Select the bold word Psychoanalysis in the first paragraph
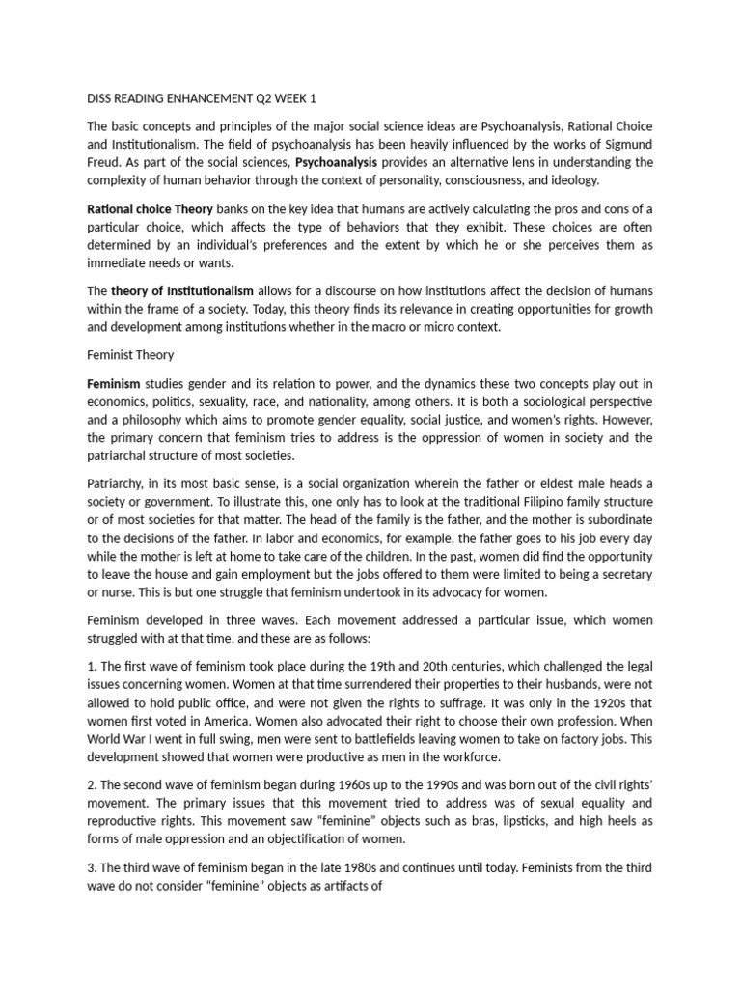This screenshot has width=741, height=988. [x=336, y=161]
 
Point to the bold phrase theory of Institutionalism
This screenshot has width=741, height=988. [x=182, y=291]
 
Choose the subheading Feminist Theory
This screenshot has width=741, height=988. [x=130, y=355]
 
